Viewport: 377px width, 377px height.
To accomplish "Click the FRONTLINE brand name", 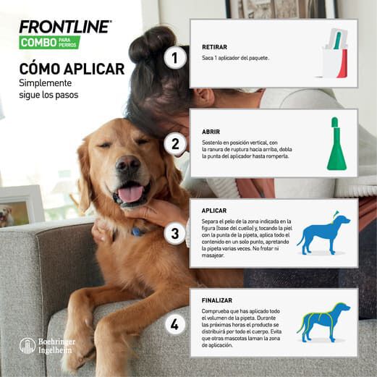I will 65,26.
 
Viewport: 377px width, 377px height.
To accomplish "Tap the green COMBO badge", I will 49,42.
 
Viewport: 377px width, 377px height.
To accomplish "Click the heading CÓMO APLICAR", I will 72,69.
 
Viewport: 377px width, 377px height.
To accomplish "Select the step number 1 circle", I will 174,57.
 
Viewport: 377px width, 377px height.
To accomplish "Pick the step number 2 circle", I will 174,144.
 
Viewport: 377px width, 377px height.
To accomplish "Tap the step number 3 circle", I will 174,233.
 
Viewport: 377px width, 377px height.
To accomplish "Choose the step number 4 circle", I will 174,324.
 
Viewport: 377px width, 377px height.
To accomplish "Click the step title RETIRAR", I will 214,47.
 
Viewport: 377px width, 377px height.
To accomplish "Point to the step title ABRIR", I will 212,132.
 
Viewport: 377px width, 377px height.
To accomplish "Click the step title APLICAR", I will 214,211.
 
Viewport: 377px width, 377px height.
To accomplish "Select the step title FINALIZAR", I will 218,298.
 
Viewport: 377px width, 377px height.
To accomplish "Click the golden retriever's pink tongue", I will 130,194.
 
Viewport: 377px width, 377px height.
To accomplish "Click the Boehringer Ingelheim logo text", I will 55,345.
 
